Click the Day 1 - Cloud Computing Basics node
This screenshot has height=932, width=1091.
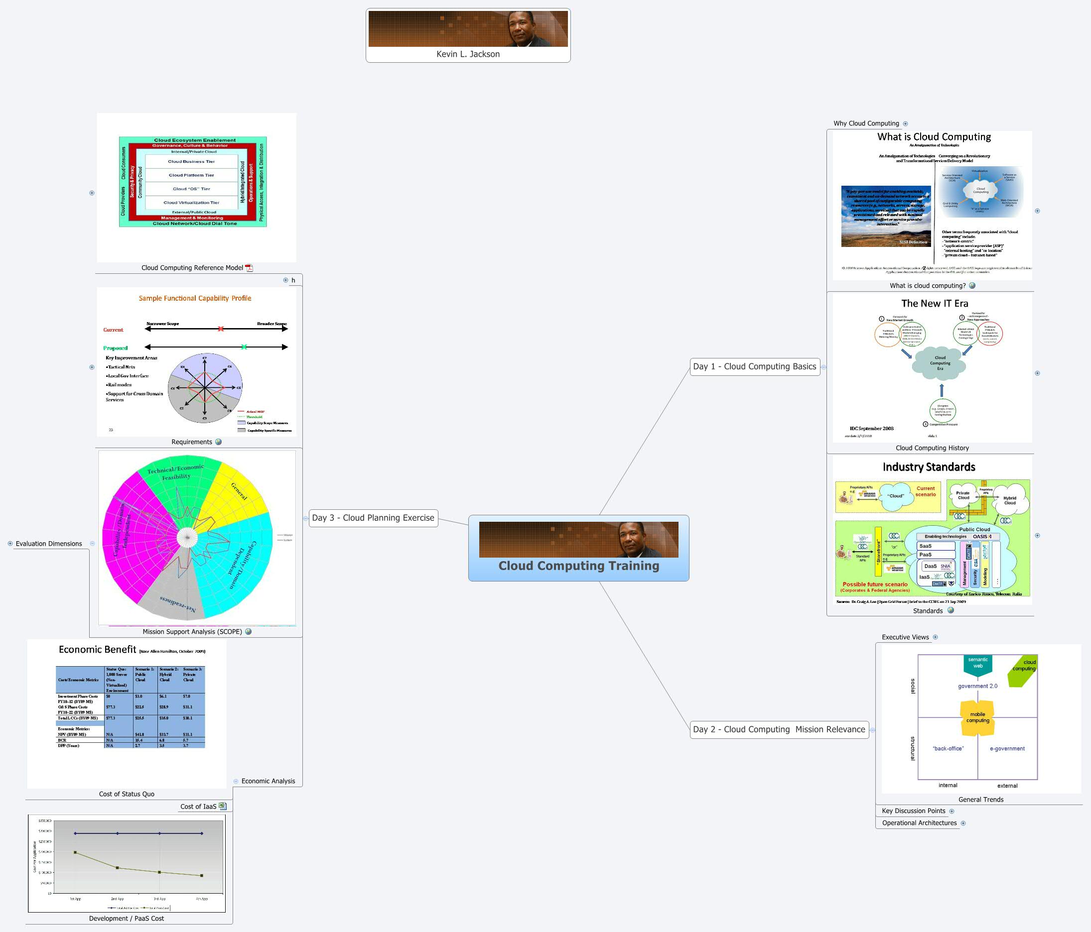point(754,366)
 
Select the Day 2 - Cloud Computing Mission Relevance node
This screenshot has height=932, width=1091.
point(779,729)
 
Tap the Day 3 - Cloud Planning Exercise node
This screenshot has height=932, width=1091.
point(373,518)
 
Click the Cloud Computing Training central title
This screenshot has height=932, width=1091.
point(578,566)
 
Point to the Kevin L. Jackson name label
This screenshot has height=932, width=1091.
point(468,54)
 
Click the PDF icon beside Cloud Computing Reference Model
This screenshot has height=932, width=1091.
point(249,268)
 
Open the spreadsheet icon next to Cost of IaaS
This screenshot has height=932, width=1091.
point(222,806)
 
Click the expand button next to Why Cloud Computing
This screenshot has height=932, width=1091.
point(905,123)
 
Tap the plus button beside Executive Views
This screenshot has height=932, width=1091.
point(935,637)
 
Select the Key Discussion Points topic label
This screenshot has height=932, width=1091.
point(913,811)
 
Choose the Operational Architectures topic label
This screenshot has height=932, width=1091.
point(919,823)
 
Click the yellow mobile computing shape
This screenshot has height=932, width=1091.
point(977,718)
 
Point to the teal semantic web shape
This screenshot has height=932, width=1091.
point(977,664)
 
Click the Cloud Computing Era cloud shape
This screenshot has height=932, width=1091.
point(940,363)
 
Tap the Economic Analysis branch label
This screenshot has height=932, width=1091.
point(268,781)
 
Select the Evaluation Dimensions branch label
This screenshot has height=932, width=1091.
point(48,544)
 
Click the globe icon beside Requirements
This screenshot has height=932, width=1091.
point(219,442)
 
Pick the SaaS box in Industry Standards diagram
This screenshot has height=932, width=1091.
point(936,546)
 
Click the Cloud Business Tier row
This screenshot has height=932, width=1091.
point(191,162)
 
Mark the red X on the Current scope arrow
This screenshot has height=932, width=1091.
point(221,329)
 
